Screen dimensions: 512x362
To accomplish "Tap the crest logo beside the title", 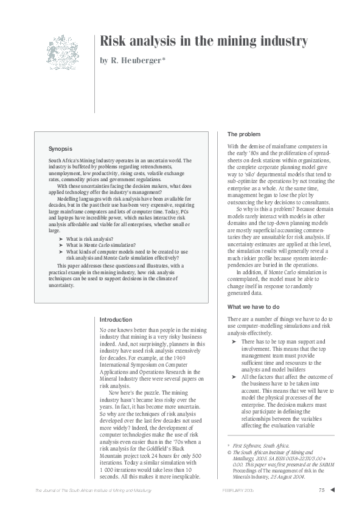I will pyautogui.click(x=63, y=52).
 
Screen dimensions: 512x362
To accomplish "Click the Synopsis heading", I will pyautogui.click(x=60, y=148).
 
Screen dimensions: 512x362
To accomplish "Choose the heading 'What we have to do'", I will pyautogui.click(x=252, y=306).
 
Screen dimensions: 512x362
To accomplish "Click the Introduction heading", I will pyautogui.click(x=116, y=319).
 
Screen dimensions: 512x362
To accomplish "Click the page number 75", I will pyautogui.click(x=321, y=491).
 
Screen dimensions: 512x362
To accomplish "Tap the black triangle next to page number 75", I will pyautogui.click(x=332, y=490).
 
